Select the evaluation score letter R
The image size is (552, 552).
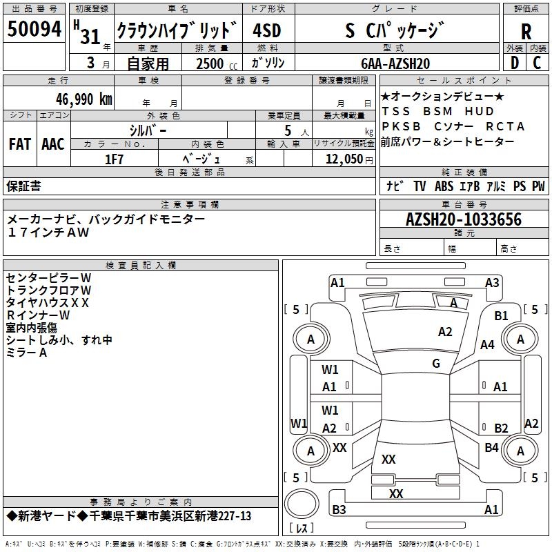coord(526,30)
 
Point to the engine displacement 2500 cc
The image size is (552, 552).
coord(211,63)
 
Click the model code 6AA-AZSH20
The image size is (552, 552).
coord(395,63)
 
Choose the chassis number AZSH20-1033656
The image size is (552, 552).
coord(464,219)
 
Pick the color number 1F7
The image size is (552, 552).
coord(114,159)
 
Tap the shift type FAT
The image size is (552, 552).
coord(19,144)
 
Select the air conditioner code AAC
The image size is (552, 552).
coord(52,144)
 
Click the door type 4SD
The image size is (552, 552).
coord(266,32)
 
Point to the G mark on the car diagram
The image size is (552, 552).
coord(436,364)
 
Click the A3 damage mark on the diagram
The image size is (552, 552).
coord(492,282)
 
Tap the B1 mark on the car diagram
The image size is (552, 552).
coord(501,315)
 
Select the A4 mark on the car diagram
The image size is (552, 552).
coord(488,344)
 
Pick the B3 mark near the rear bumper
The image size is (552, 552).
coord(339,510)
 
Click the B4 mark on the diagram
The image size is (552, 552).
coord(491,448)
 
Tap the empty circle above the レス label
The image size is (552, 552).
coord(302,504)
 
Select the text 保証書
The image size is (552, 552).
coord(23,186)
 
